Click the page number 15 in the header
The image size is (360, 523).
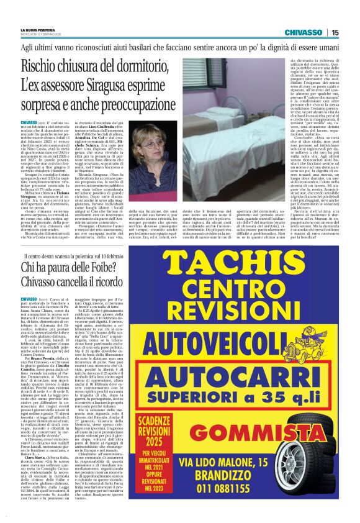click(x=335, y=32)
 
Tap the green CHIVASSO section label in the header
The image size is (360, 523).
click(x=303, y=32)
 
